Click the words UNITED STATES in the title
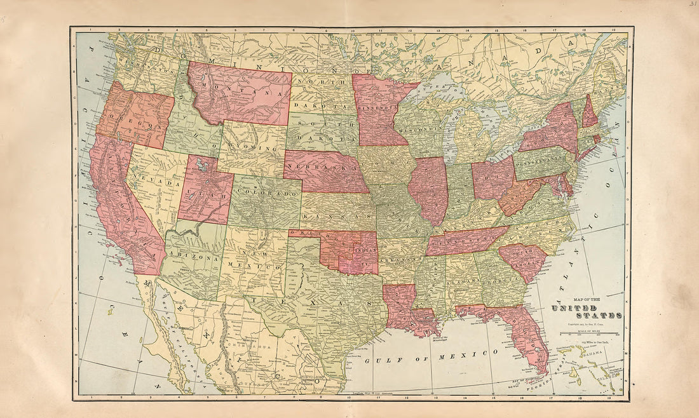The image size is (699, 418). pyautogui.click(x=587, y=311)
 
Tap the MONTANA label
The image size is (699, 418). pyautogui.click(x=242, y=89)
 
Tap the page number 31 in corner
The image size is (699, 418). pyautogui.click(x=691, y=5)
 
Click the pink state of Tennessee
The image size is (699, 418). pyautogui.click(x=464, y=242)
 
